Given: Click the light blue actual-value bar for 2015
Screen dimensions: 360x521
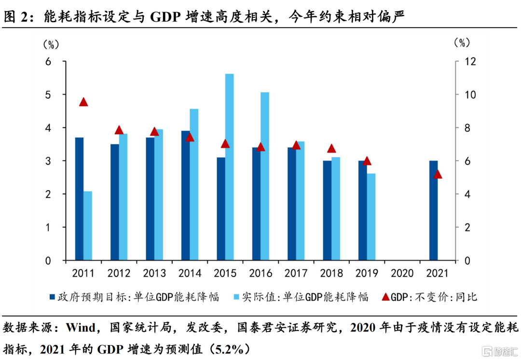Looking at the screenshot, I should (x=230, y=167).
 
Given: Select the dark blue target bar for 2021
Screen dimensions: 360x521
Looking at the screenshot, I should (x=434, y=210).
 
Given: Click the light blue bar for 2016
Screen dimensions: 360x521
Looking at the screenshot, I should (x=265, y=176).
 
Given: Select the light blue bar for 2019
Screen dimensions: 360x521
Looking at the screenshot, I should (x=371, y=217).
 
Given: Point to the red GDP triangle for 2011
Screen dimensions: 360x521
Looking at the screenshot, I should (x=83, y=102).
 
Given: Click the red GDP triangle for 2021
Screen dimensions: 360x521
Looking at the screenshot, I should (x=438, y=174).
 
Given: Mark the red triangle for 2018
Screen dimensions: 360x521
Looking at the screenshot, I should (x=331, y=149).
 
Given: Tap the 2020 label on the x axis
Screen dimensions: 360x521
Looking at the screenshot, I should (x=402, y=274).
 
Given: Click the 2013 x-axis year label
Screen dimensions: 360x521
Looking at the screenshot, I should (x=154, y=274).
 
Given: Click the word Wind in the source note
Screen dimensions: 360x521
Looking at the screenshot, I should (x=81, y=329).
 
